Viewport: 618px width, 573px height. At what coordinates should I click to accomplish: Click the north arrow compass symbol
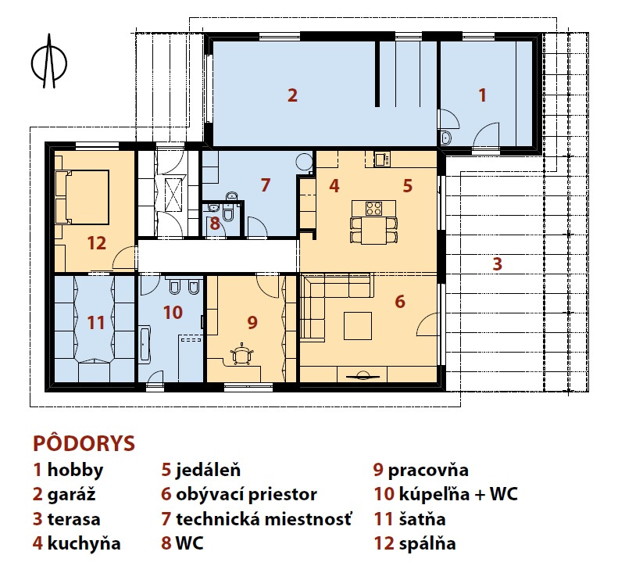pos(49,62)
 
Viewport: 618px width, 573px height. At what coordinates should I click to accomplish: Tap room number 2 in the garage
pos(292,95)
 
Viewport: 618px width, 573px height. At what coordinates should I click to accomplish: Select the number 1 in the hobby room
pos(482,95)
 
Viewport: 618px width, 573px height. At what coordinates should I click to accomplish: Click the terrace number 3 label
pos(498,263)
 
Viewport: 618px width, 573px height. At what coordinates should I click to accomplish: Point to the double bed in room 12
pos(82,197)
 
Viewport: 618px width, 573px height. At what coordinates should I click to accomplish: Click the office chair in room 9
pos(241,354)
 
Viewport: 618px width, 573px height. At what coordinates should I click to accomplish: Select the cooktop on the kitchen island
pos(373,208)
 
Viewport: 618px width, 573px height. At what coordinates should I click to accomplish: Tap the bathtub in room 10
pos(145,344)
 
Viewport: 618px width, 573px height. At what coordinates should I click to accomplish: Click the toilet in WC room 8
pos(228,213)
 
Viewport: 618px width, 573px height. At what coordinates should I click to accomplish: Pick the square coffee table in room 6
pos(358,326)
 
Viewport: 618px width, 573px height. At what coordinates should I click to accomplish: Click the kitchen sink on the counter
pos(380,159)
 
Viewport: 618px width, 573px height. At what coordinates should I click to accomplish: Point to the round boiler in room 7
pos(304,161)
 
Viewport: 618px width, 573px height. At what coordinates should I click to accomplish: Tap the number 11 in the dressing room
pos(95,323)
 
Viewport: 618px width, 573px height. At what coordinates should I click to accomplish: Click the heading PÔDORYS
pos(84,443)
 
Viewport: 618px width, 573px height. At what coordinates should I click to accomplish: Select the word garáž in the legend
pos(72,495)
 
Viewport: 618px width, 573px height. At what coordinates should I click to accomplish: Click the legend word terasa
pos(73,519)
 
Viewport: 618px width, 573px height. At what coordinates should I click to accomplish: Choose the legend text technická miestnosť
pos(263,519)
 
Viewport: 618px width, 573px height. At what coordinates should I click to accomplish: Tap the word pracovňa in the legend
pos(428,470)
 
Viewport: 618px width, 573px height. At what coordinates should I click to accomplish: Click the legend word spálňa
pos(427,543)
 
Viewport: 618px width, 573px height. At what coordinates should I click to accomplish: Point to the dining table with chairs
pos(373,230)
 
